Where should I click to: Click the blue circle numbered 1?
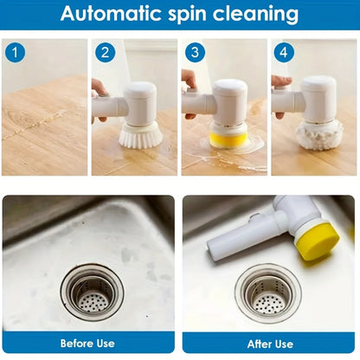(x=15, y=53)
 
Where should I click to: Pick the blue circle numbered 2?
(x=106, y=53)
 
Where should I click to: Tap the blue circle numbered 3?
(x=196, y=53)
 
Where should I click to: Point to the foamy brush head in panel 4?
(x=318, y=134)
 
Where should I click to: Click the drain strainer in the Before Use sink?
(x=91, y=292)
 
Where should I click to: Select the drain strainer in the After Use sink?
(x=268, y=292)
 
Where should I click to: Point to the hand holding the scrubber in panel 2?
(x=99, y=88)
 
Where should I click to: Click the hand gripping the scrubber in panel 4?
(x=280, y=83)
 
